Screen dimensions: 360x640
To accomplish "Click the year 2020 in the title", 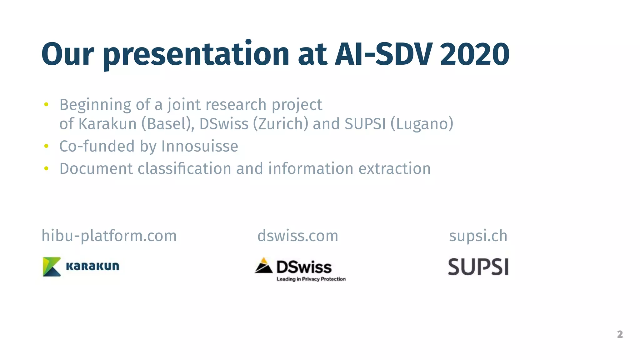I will [475, 54].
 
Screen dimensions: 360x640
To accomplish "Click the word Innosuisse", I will [200, 146].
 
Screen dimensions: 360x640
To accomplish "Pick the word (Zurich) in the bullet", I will [280, 124].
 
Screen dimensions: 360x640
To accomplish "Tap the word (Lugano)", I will [422, 124].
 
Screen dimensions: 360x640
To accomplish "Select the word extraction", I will [394, 169].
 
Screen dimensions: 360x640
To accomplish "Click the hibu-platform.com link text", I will [109, 236].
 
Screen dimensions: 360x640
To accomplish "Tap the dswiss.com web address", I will [297, 236].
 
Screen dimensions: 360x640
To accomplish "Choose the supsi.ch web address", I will [478, 236].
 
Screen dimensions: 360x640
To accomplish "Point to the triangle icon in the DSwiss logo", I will [264, 266].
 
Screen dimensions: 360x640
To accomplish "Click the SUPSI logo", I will [478, 267].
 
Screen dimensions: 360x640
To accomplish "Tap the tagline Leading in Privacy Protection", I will [311, 279].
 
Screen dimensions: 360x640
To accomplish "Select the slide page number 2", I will [620, 334].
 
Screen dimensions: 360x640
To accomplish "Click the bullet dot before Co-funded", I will [46, 146].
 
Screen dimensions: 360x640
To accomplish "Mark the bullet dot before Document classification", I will [46, 169].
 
